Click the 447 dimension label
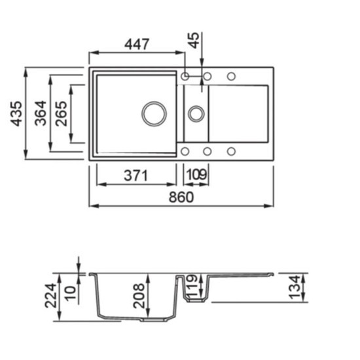coord(137,44)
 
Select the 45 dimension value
coord(194,41)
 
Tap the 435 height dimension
coord(16,114)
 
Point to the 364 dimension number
coord(41,113)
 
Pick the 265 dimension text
coord(62,114)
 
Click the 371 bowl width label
coord(135,175)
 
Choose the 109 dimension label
coord(197,175)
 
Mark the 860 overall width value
coord(181,197)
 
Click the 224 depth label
coord(50,296)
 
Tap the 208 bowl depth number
coord(139,296)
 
